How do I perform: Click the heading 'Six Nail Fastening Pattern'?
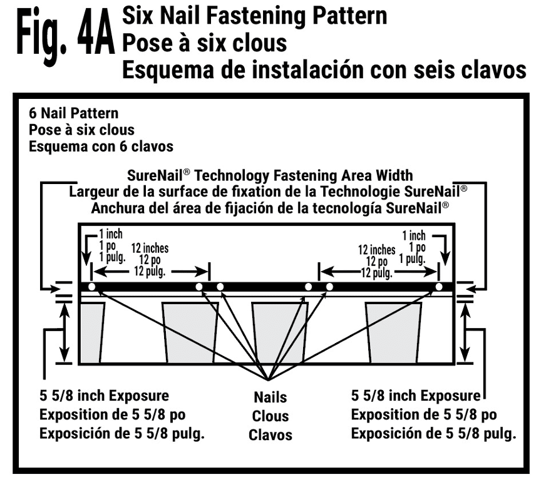tap(255, 15)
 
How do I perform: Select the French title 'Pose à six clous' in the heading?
tap(204, 42)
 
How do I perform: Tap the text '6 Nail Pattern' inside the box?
tap(73, 115)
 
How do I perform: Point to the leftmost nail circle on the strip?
tap(92, 287)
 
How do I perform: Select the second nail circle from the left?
tap(199, 287)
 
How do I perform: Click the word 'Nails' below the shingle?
tap(270, 397)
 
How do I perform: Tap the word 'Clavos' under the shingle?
tap(270, 434)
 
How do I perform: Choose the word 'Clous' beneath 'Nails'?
tap(270, 416)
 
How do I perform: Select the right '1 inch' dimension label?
tap(414, 236)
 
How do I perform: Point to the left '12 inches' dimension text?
tap(148, 249)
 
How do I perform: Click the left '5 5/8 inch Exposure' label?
tap(104, 396)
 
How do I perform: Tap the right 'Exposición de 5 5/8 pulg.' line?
tap(433, 434)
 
